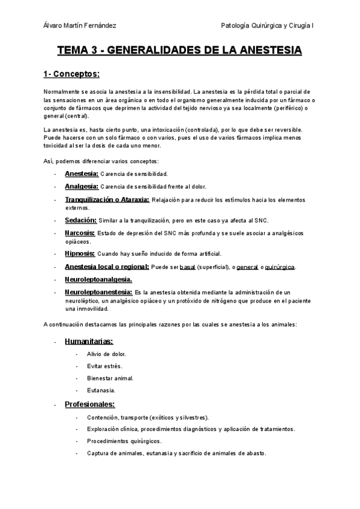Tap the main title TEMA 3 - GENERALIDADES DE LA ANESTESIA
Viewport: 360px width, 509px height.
[x=179, y=52]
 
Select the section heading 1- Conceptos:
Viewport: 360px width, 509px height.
[x=71, y=74]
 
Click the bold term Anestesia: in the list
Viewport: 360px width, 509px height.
[x=82, y=173]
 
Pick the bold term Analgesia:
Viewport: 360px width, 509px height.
[x=81, y=187]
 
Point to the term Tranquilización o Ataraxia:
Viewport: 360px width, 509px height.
[x=107, y=200]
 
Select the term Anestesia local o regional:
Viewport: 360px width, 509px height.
[x=107, y=267]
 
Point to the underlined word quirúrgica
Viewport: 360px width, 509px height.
[x=280, y=267]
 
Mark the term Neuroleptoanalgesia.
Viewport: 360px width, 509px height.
[x=98, y=280]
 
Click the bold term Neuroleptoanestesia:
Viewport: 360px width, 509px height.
[x=98, y=292]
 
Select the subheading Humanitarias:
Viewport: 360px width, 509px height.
[x=88, y=342]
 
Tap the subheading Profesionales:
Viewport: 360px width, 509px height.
[x=90, y=404]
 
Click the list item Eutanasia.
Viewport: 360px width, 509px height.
[x=100, y=390]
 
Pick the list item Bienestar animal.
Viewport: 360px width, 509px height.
[x=110, y=378]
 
